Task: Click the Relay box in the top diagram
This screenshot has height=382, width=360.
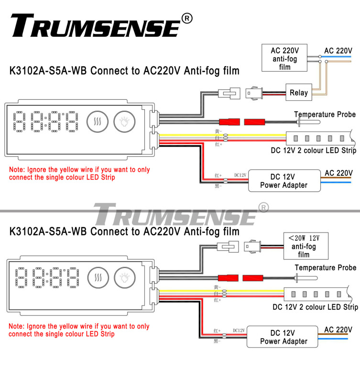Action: point(299,93)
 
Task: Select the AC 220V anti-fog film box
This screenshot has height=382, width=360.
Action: point(284,58)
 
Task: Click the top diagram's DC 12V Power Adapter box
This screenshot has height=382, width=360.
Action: point(284,181)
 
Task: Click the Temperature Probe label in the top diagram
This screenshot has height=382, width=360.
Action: point(325,115)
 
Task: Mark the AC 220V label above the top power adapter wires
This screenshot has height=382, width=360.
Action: point(338,173)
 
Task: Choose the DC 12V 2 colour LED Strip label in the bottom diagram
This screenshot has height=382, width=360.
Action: point(315,307)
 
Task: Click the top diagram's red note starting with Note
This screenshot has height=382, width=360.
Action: point(79,173)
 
